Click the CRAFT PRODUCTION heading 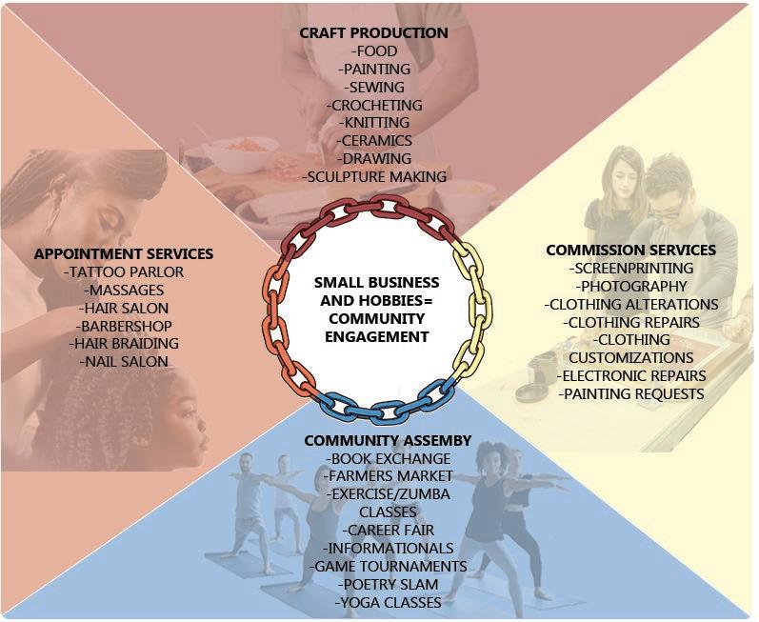point(373,32)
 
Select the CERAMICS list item point(373,140)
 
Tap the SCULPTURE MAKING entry point(373,176)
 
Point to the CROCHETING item point(373,105)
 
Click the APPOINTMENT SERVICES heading point(123,253)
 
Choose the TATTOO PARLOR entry point(123,271)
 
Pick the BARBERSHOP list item point(123,325)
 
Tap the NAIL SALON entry point(123,361)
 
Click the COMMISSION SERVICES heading point(630,250)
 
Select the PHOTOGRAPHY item point(630,286)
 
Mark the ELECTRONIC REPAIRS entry point(630,375)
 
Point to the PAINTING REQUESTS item point(630,393)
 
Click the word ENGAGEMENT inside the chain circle point(376,336)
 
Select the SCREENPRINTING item point(630,268)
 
